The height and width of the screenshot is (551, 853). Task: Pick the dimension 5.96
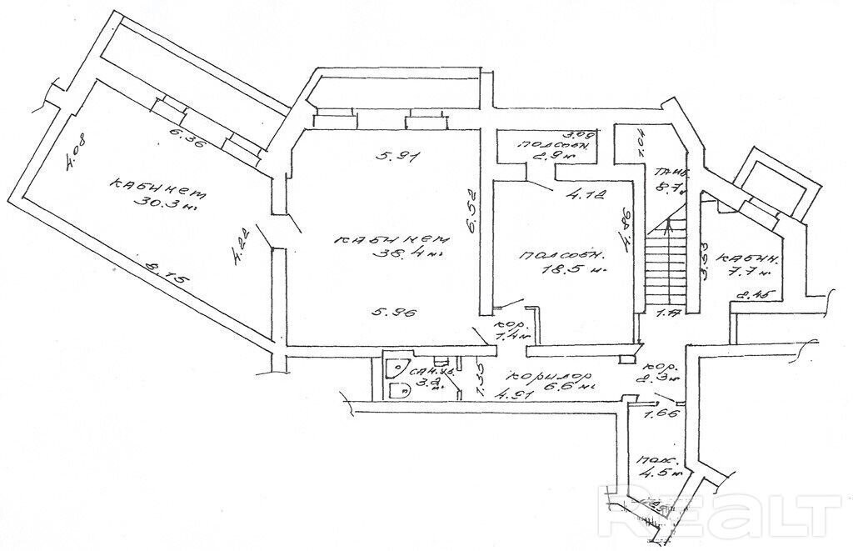pyautogui.click(x=391, y=314)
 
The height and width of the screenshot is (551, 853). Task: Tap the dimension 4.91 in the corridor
pyautogui.click(x=515, y=395)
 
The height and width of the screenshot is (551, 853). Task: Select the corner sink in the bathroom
pyautogui.click(x=395, y=367)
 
